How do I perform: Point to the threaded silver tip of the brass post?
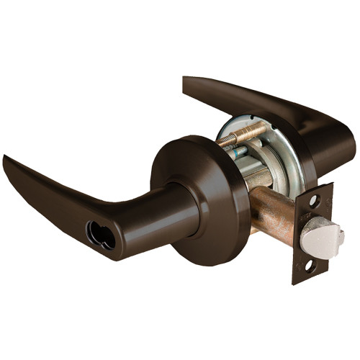[x=223, y=142]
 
